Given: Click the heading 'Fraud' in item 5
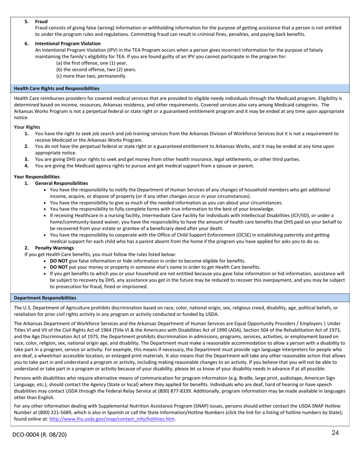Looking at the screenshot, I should click(41, 22).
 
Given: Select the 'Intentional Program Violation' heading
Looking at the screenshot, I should click(68, 44).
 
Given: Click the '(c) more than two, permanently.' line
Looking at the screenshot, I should click(91, 76).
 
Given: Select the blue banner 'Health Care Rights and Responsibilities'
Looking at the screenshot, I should click(57, 88).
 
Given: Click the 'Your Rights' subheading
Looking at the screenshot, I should click(27, 127).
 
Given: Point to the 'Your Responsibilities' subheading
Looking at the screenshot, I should click(37, 177).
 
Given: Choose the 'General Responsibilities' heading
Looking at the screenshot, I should click(61, 183).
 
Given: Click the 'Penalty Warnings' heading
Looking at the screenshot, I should click(54, 248).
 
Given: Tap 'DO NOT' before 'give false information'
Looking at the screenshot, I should click(59, 261).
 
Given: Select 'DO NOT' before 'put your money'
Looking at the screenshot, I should click(59, 267).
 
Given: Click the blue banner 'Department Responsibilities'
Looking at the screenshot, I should click(45, 298).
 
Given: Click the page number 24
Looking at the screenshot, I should click(335, 433).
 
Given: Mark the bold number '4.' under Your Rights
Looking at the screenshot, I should click(27, 166).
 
